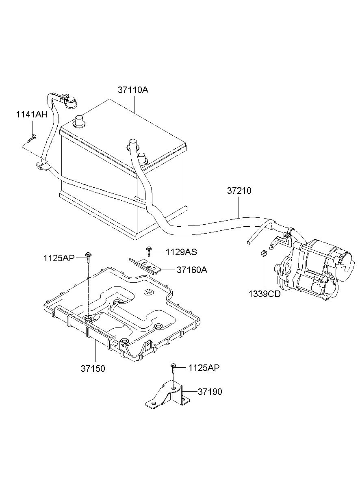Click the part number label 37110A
coord(133,90)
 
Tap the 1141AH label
coord(32,115)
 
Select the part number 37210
coord(239,191)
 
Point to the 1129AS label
coord(181,252)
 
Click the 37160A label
coord(192,270)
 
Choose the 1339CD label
coord(265,294)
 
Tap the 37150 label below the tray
coord(93,368)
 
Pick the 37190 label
coord(210,392)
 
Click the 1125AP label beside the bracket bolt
coord(204,368)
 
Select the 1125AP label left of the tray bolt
coord(59,258)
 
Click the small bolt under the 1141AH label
coord(32,139)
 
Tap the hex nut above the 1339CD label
coord(264,253)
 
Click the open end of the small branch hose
coord(248,242)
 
